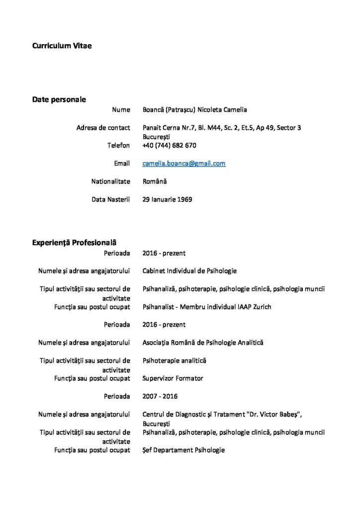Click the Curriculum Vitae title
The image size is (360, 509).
[62, 46]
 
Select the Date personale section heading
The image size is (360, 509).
[59, 99]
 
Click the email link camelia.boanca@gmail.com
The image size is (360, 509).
[183, 163]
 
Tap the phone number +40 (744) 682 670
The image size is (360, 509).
[169, 145]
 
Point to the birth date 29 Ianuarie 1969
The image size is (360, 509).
[167, 199]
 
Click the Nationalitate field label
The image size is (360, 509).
[110, 181]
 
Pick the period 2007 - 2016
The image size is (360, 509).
[160, 396]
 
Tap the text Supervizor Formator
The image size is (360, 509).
[173, 378]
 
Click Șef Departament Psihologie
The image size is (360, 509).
[183, 450]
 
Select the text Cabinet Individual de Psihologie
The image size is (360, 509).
[189, 271]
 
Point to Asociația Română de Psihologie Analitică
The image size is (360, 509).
[203, 342]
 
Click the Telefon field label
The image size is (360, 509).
[118, 145]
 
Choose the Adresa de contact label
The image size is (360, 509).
[103, 128]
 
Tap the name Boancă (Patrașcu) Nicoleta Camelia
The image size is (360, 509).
[194, 110]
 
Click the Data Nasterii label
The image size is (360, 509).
[110, 199]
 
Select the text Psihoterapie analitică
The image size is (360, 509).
[174, 360]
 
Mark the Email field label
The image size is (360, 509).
[122, 163]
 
